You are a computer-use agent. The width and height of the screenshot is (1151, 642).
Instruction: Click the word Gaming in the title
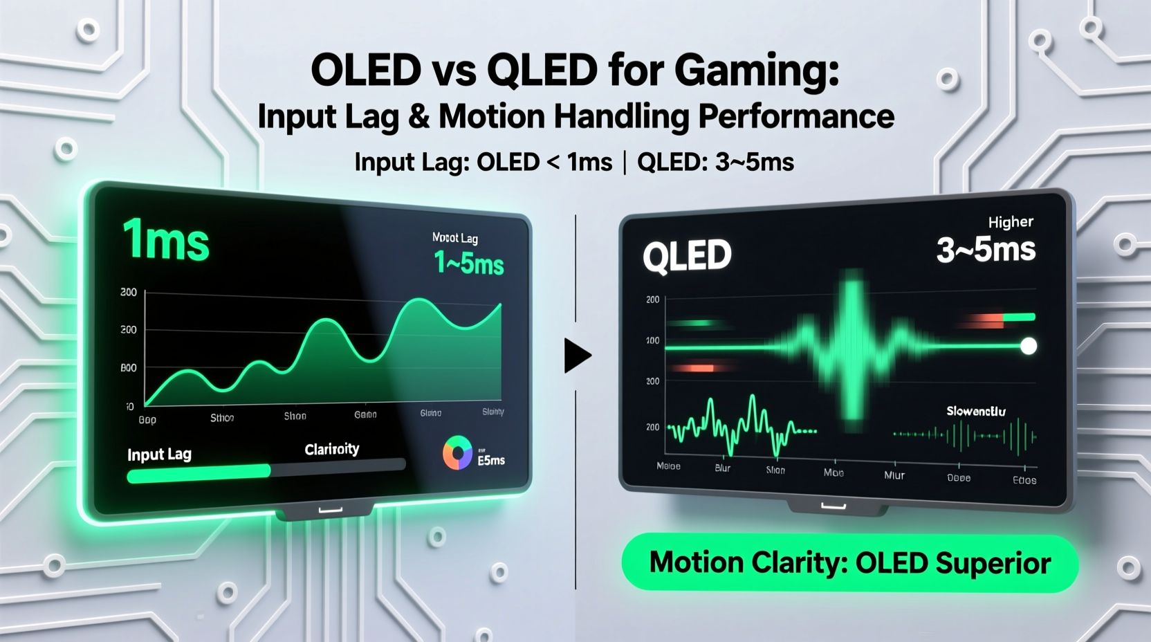pos(757,71)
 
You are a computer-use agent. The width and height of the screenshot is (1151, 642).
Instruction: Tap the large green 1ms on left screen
pos(166,240)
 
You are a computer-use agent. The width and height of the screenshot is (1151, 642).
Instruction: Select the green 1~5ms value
pos(469,264)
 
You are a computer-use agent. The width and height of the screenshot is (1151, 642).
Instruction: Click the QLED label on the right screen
pos(687,256)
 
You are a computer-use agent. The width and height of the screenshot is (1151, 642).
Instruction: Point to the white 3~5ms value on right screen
pos(986,250)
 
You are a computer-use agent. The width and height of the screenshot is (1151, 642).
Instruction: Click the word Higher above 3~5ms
pos(1011,222)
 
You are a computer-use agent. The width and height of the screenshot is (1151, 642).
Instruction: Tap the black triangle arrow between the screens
pos(576,356)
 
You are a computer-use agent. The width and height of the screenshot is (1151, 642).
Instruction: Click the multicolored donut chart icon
pos(457,453)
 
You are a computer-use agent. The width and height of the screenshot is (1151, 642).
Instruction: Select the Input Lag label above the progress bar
pos(159,455)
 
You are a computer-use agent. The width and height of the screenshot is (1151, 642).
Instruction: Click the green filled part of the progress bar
pos(199,473)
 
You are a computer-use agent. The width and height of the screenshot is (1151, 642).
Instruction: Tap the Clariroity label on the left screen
pos(332,449)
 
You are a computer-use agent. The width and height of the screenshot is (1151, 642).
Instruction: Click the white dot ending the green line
pos(1029,346)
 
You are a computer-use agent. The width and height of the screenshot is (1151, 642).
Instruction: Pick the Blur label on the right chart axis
pos(722,468)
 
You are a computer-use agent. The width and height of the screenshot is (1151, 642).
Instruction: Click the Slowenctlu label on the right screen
pos(976,412)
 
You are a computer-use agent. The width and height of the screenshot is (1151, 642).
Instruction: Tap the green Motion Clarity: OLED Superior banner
pos(849,563)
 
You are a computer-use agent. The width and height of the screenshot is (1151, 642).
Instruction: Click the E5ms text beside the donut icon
pos(491,460)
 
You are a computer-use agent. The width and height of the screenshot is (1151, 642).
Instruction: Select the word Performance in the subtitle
pos(796,116)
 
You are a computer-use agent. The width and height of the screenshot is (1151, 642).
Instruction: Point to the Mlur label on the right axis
pos(894,475)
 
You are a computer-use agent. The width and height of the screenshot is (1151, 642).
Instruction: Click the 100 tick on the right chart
pos(652,340)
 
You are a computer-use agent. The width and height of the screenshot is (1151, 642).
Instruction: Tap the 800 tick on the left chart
pos(129,368)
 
